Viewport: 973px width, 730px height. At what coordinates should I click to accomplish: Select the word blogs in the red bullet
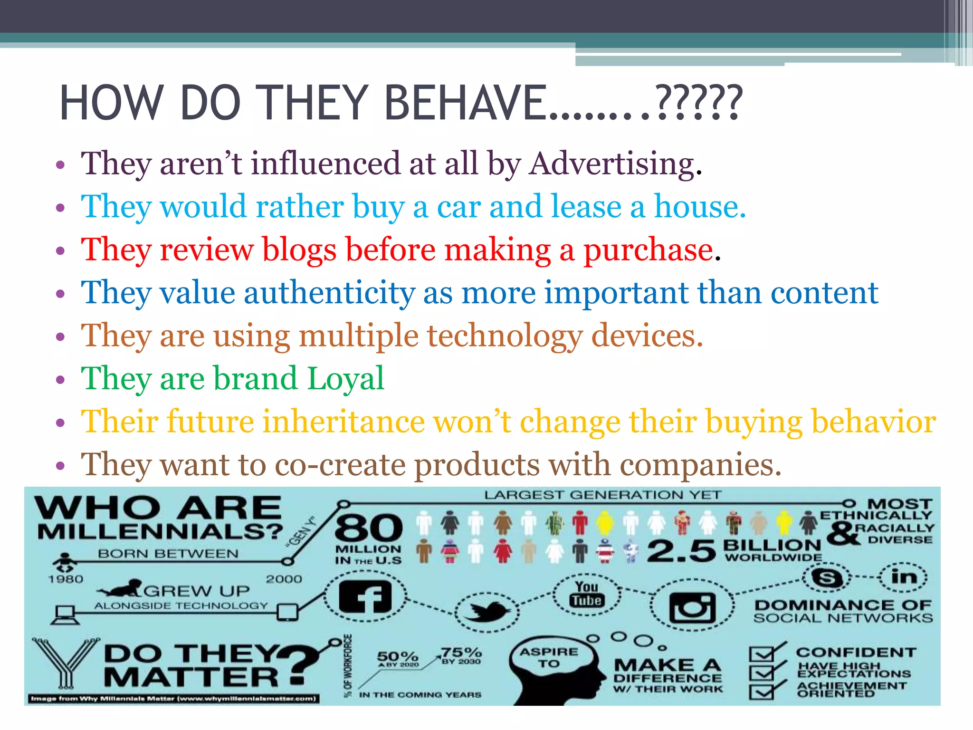click(x=299, y=250)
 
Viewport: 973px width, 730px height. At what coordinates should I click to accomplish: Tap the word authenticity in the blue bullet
click(x=329, y=293)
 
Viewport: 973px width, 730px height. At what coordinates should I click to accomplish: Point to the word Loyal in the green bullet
click(x=345, y=379)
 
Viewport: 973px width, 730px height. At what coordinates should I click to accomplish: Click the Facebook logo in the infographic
click(x=365, y=597)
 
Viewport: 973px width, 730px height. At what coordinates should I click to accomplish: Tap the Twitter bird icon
click(x=487, y=610)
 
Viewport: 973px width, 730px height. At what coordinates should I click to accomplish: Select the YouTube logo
click(x=587, y=594)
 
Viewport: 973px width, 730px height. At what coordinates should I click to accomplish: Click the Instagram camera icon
click(x=692, y=607)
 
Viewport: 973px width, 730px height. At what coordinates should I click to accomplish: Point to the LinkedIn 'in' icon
click(x=904, y=577)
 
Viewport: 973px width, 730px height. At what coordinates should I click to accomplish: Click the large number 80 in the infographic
click(x=369, y=528)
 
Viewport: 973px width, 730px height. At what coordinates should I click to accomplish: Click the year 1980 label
click(x=66, y=579)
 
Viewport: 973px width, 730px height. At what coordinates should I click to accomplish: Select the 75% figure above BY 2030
click(x=461, y=652)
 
